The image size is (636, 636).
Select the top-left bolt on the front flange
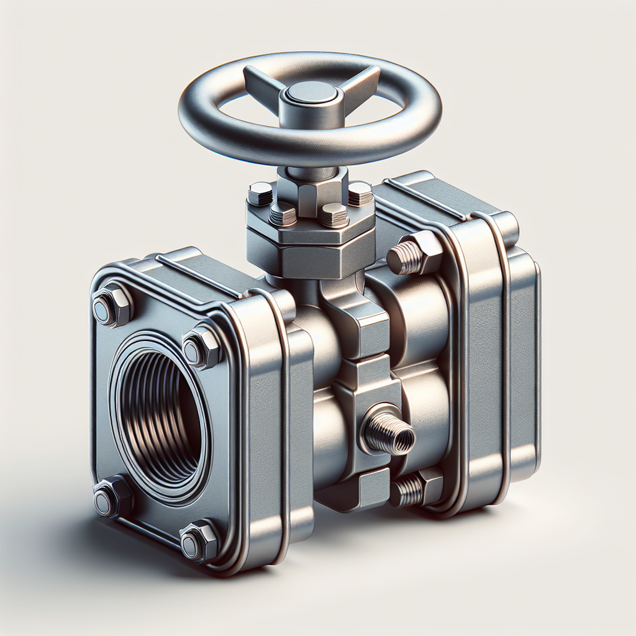click(112, 305)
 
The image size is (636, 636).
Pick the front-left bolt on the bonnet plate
click(283, 214)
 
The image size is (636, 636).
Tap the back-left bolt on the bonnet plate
click(260, 193)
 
